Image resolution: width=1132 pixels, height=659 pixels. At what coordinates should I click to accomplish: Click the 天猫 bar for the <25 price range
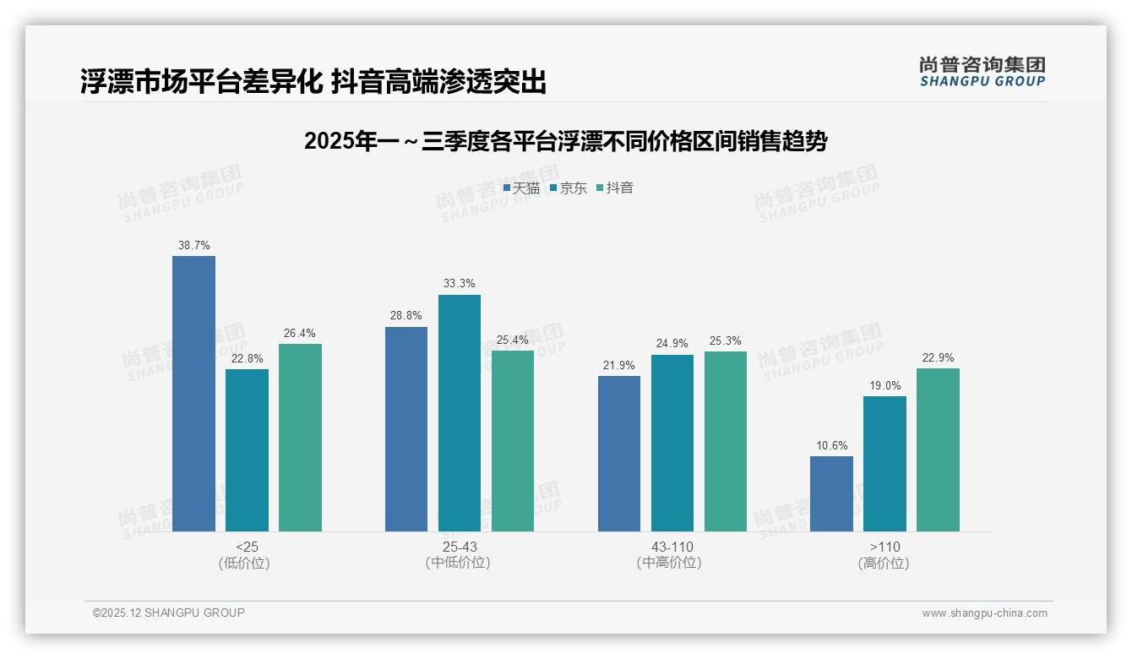[193, 394]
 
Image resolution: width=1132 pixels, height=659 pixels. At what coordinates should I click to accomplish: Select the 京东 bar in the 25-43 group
[459, 413]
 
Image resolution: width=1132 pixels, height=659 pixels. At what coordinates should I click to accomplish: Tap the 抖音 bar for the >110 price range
[938, 449]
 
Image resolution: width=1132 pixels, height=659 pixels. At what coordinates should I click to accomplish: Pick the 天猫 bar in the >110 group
[831, 493]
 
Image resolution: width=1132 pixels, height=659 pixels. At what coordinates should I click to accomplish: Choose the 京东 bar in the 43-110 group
[672, 443]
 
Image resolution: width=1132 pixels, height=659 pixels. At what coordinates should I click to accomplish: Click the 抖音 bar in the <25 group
[300, 438]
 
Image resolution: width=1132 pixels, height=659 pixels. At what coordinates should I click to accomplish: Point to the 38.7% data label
[193, 245]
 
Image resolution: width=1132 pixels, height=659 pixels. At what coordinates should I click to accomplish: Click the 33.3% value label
[459, 284]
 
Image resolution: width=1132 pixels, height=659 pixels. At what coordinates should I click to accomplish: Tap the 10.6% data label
[831, 446]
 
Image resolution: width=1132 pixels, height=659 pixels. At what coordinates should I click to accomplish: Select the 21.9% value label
[618, 365]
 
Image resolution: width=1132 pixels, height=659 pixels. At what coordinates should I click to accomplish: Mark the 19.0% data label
[884, 386]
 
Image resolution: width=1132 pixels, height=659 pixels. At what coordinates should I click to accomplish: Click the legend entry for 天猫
[521, 188]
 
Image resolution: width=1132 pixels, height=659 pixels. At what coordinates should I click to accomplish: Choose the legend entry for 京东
[568, 188]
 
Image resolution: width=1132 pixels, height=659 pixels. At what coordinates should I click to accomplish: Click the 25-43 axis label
[459, 547]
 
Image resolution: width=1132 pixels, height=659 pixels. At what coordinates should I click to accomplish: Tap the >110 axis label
[884, 547]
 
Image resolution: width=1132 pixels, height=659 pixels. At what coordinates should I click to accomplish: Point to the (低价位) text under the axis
[244, 563]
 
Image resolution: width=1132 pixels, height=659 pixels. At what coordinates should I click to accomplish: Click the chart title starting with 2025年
[565, 141]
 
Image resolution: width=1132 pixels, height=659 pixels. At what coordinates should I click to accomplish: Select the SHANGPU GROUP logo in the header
[982, 71]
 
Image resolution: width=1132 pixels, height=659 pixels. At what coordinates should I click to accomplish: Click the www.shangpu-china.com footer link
[984, 613]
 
